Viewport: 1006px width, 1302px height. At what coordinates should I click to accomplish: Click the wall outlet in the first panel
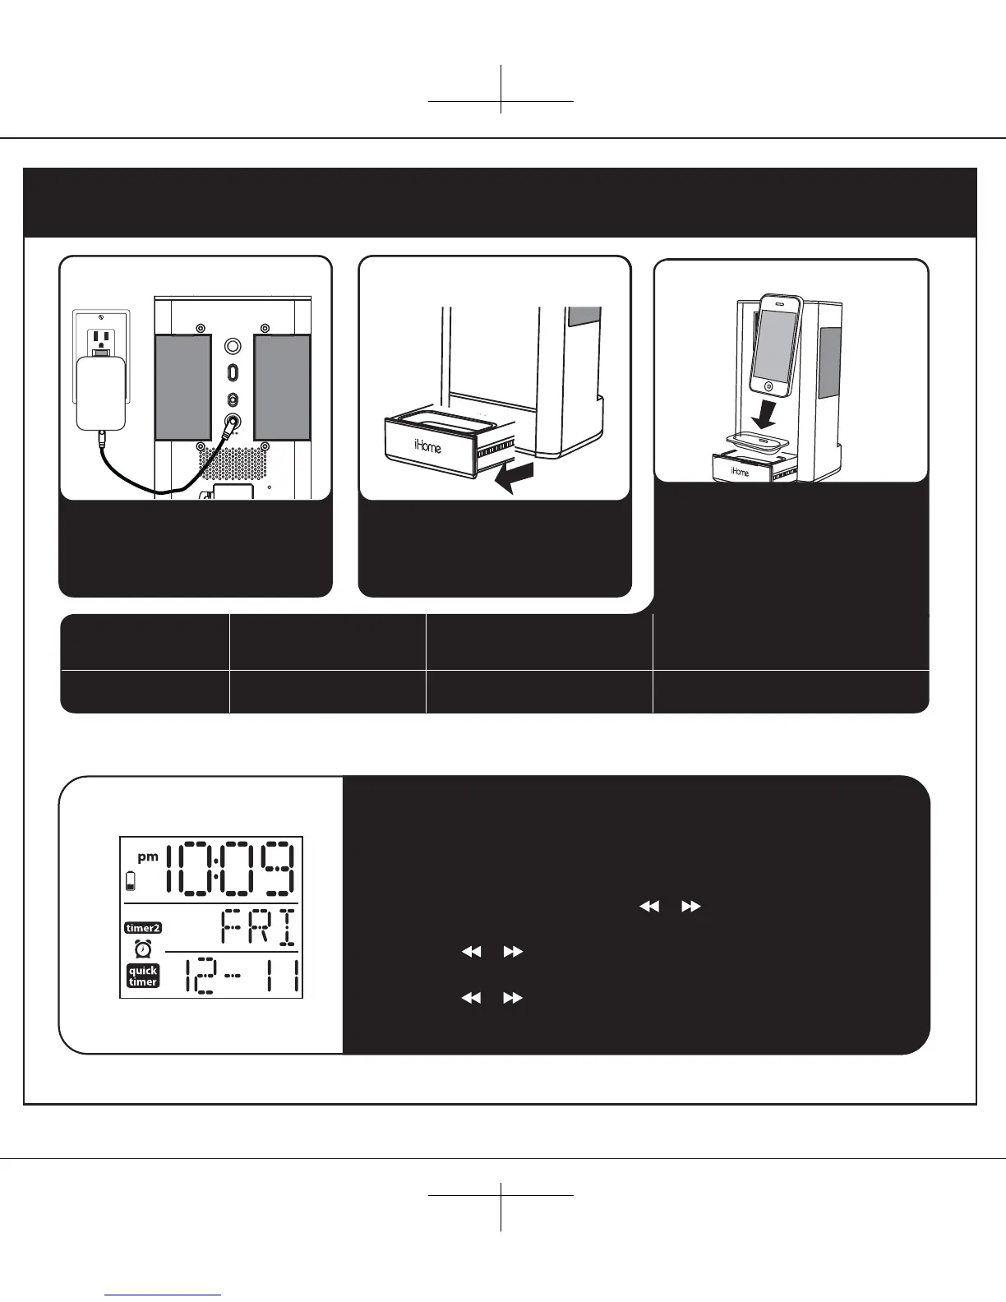coord(100,337)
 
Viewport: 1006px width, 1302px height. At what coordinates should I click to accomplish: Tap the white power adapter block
coord(100,393)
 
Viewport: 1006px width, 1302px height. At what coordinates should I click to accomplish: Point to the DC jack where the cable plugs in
coord(233,424)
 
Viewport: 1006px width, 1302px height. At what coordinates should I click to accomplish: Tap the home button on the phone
coord(767,385)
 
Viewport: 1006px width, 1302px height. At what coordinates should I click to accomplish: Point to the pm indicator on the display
coord(148,856)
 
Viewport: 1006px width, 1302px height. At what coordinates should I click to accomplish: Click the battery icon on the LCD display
coord(130,882)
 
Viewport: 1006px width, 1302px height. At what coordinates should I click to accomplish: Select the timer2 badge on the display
coord(143,928)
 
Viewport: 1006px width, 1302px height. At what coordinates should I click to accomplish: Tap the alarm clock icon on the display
coord(143,949)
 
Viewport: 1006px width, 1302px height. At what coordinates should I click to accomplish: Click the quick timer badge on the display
coord(143,976)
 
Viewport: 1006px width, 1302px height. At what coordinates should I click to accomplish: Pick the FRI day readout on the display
coord(258,928)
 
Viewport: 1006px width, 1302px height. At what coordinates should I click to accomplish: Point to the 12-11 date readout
coord(238,976)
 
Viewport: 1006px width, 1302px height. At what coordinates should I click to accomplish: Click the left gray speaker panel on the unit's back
coord(183,386)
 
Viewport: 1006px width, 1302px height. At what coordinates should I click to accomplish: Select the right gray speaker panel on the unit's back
coord(282,386)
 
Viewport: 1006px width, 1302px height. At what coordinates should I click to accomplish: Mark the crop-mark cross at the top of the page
coord(501,101)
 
